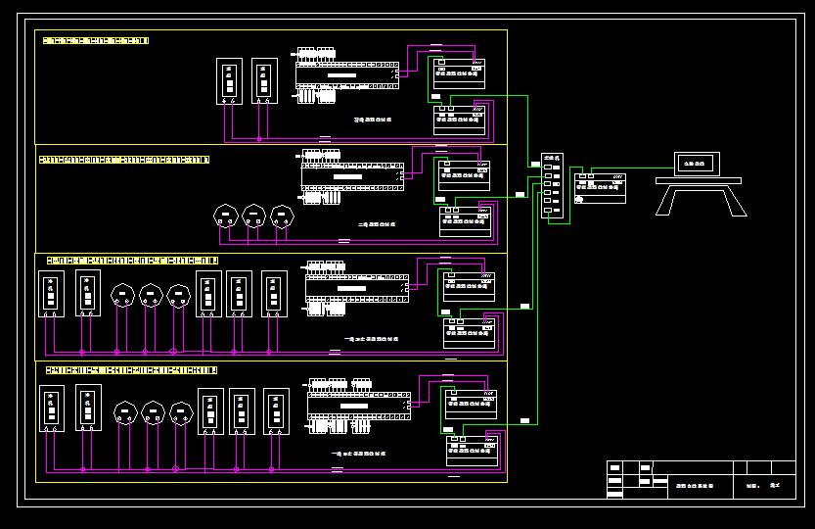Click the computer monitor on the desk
(x=698, y=164)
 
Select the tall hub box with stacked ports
(x=552, y=185)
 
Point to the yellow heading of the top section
(x=93, y=40)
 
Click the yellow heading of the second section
(x=123, y=159)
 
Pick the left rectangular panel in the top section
(x=230, y=81)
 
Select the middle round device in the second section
(x=254, y=215)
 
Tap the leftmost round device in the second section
(x=226, y=215)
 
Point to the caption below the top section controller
(x=372, y=120)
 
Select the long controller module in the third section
(x=353, y=284)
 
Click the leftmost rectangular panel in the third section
(x=51, y=294)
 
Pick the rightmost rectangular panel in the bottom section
(x=273, y=411)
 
